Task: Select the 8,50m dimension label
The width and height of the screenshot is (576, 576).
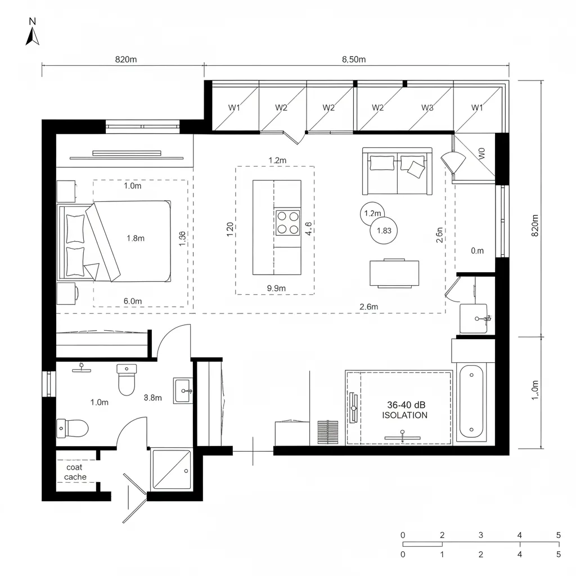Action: (x=354, y=60)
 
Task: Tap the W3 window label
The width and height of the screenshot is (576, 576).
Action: (x=427, y=107)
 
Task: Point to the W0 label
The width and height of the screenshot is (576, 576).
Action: (x=480, y=154)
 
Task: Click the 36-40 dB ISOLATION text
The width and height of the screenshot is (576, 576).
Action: (x=404, y=410)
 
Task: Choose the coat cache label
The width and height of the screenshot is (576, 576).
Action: (x=75, y=472)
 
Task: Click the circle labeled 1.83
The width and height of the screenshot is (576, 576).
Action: (x=384, y=230)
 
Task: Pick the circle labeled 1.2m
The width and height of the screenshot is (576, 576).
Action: (x=372, y=213)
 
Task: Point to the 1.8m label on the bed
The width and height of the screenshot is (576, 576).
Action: (x=136, y=238)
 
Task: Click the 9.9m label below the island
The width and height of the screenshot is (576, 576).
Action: (x=277, y=288)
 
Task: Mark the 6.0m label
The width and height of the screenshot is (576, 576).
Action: (x=133, y=301)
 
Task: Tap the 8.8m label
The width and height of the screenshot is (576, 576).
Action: (x=153, y=398)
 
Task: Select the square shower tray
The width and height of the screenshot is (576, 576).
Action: (x=172, y=470)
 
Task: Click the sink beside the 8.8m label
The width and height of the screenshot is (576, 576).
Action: (x=182, y=390)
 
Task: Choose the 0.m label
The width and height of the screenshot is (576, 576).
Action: (x=477, y=251)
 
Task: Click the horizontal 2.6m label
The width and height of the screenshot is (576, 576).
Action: (x=368, y=307)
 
